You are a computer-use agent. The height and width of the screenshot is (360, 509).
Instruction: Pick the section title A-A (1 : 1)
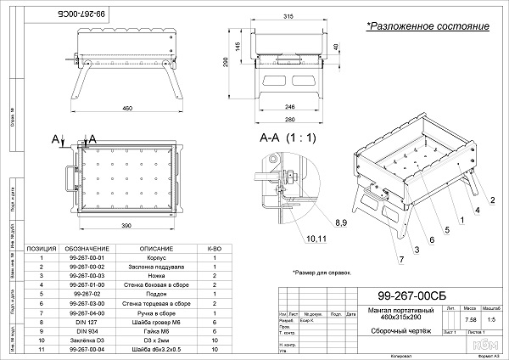pyautogui.click(x=288, y=136)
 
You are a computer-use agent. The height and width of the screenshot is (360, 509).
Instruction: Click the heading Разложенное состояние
pyautogui.click(x=428, y=26)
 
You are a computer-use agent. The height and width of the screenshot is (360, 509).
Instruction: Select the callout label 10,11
pyautogui.click(x=292, y=239)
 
